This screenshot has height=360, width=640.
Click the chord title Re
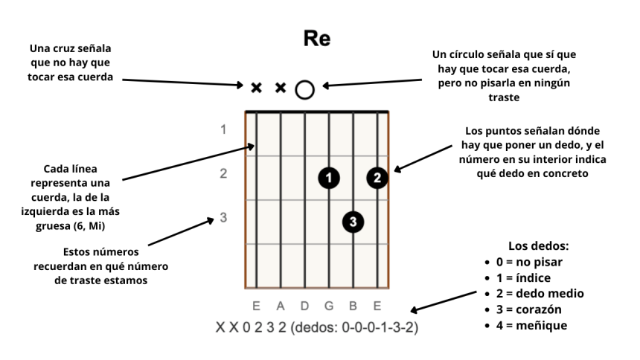[317, 39]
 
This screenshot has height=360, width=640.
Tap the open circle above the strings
[304, 89]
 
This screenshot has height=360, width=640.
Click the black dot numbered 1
[328, 177]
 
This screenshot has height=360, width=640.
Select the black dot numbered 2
[377, 177]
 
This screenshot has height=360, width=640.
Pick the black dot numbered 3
[353, 221]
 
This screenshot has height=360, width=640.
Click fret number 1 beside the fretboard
[223, 129]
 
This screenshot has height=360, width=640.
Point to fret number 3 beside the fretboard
[223, 218]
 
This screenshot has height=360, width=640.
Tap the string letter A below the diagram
[281, 305]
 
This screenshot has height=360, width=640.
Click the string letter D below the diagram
[305, 305]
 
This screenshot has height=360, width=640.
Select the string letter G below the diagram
[329, 305]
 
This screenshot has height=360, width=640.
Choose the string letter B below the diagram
[353, 305]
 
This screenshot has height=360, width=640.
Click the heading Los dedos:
[538, 246]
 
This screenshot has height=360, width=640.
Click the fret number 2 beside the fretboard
[223, 174]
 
